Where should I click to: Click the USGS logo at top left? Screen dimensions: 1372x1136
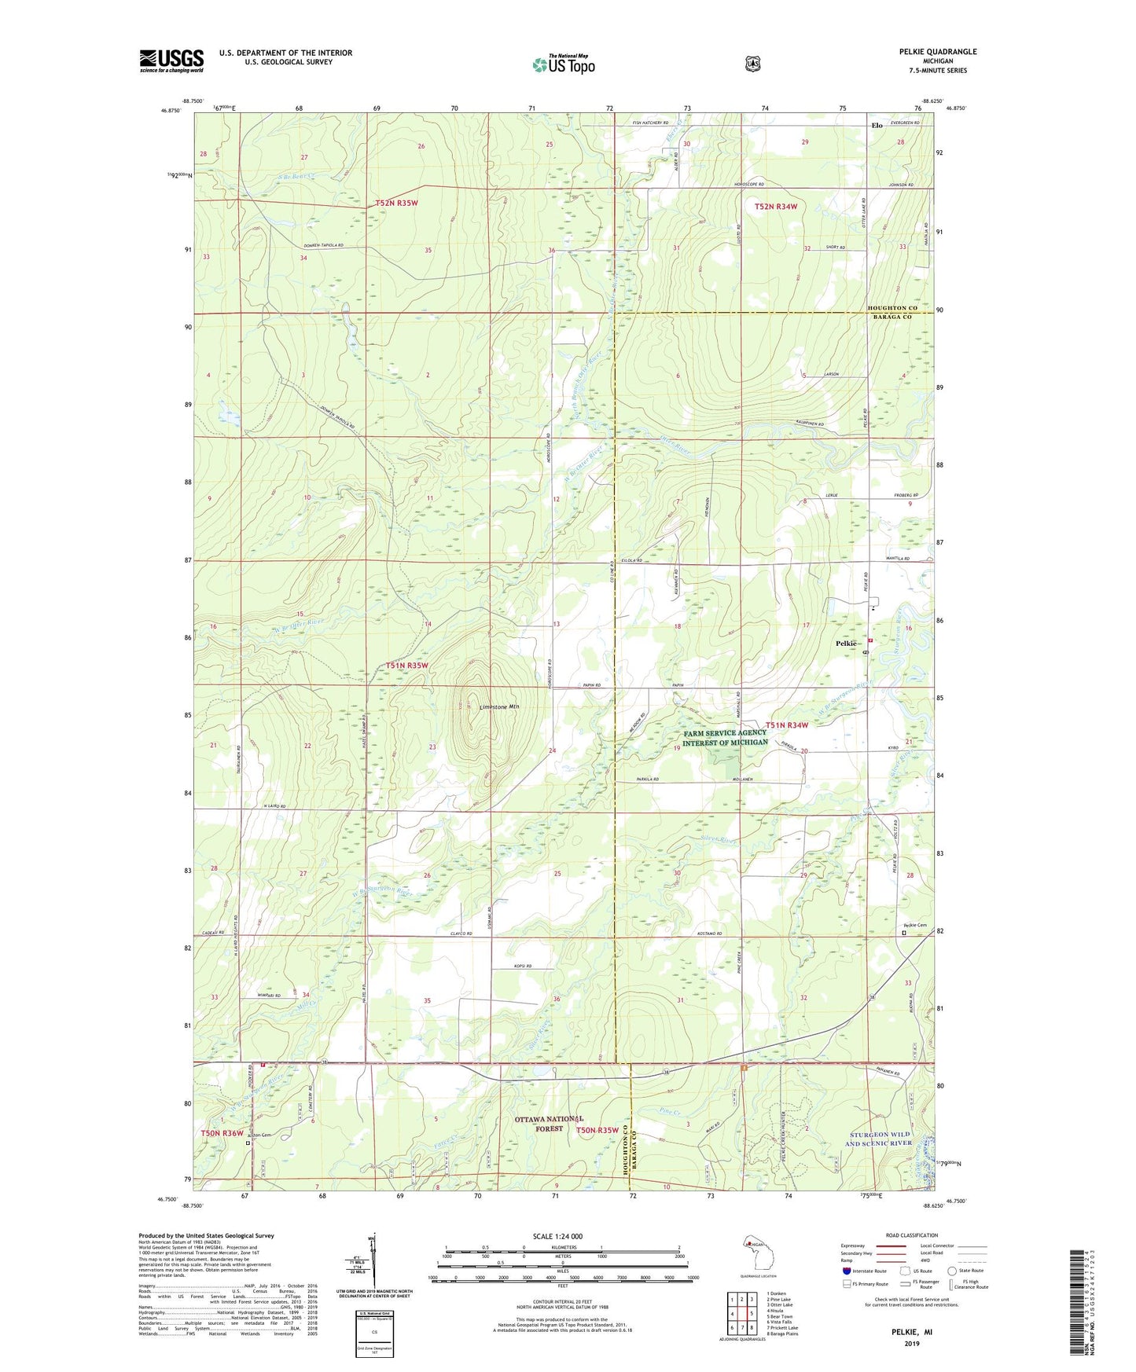click(171, 61)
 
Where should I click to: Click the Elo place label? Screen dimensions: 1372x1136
click(877, 126)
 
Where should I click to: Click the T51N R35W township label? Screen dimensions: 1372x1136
click(407, 666)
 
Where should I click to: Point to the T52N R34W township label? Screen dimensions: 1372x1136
click(775, 207)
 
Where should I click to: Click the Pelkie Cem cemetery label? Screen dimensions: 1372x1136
click(914, 925)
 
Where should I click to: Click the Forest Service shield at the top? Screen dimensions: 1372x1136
click(753, 64)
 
